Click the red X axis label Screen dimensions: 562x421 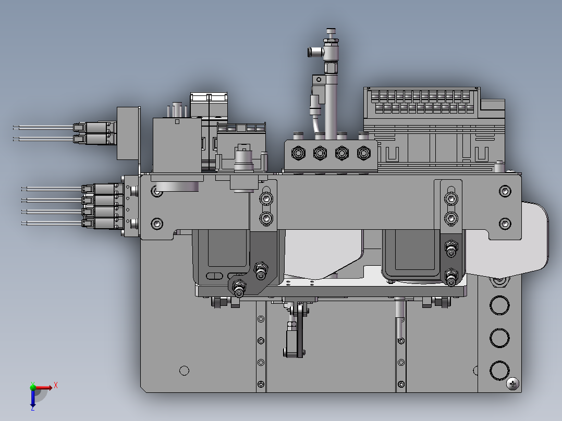point(56,386)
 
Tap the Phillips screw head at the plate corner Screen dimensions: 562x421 point(512,384)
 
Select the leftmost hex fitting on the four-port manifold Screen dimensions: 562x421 point(298,153)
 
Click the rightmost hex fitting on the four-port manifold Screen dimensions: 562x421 point(363,153)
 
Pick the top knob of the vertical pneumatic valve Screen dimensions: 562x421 point(331,32)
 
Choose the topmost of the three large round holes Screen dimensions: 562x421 point(499,305)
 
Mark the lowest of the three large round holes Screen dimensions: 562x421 point(499,370)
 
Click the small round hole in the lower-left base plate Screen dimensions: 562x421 point(184,370)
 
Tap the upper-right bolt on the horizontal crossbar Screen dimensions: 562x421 point(505,191)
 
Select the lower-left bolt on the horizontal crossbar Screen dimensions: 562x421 point(157,224)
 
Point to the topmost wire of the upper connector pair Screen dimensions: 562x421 point(43,127)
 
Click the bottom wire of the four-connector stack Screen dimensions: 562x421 point(52,223)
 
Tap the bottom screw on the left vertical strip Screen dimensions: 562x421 point(261,385)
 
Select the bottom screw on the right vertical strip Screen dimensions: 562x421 point(401,385)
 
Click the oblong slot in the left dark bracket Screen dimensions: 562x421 point(215,276)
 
